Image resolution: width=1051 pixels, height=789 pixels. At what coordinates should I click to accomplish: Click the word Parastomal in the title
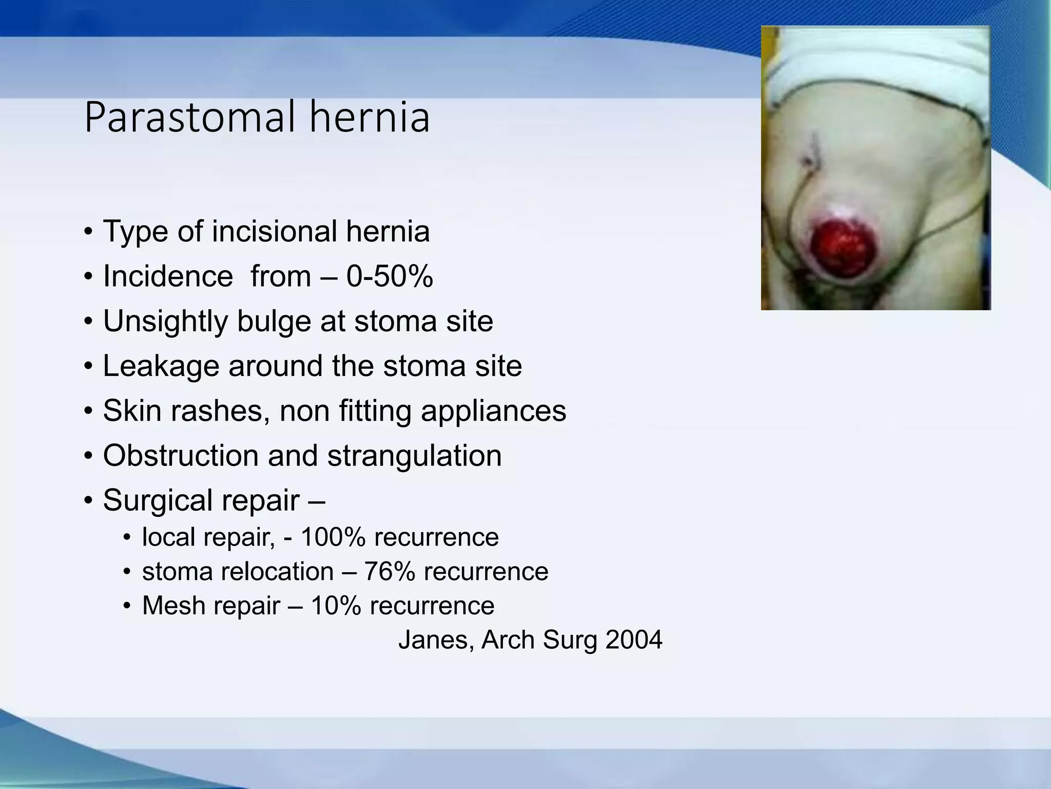(x=190, y=119)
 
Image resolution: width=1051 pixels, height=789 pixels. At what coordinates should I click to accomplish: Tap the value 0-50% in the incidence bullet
(x=390, y=276)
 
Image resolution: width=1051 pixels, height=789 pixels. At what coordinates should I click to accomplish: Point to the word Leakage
(x=161, y=366)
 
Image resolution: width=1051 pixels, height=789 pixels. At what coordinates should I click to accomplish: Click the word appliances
(x=493, y=411)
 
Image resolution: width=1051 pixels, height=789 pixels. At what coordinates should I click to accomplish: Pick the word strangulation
(x=415, y=456)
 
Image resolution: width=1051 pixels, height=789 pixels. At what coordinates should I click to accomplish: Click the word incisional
(x=275, y=232)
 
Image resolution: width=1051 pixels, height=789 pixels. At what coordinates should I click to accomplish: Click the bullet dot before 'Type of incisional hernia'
(x=88, y=233)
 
